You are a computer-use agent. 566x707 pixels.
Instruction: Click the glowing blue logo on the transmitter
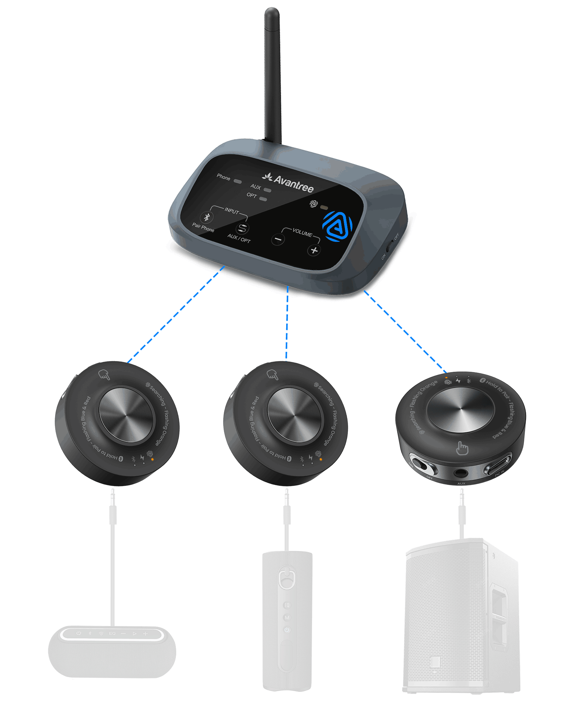click(x=337, y=226)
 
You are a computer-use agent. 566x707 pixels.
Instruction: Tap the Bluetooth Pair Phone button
click(x=207, y=217)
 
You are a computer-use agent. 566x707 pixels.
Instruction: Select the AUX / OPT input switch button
click(x=242, y=228)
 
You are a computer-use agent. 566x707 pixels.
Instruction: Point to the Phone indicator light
click(x=238, y=182)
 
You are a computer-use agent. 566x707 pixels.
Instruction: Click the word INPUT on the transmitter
click(x=232, y=211)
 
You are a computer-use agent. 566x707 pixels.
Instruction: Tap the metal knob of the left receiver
click(x=126, y=414)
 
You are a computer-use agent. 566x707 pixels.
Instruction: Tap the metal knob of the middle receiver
click(x=294, y=414)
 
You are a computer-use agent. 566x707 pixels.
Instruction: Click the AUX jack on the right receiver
click(x=461, y=472)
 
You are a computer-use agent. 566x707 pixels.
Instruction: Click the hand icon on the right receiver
click(x=462, y=448)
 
